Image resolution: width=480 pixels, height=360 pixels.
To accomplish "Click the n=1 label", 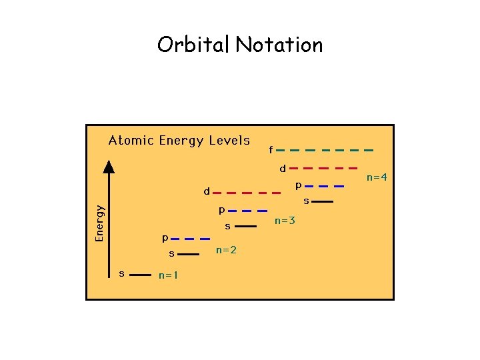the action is coord(168,275).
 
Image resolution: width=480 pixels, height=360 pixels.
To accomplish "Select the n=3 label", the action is coord(285,220).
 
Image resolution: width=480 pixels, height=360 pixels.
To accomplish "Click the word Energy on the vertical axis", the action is coord(100,223).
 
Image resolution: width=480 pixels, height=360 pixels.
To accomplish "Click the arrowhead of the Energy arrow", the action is coord(109,166).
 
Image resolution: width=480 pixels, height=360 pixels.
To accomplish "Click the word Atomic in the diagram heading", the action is coord(131,140).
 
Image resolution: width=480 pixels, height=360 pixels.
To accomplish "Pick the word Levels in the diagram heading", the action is coord(229,140).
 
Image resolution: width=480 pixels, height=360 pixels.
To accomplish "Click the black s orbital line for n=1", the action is coord(139,274).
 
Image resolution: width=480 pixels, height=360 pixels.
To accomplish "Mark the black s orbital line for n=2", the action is coord(189,254).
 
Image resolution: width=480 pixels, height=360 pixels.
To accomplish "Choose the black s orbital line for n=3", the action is coord(245,227).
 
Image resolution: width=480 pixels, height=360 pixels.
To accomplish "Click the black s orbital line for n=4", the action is coord(322,201).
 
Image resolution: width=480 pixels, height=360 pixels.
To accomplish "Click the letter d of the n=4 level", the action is coord(283,168).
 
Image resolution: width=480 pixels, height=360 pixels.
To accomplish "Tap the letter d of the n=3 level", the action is coord(207,191).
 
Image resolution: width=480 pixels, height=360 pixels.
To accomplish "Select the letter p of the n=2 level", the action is coord(165,237).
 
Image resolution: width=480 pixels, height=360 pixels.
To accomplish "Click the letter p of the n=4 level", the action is coord(299,185).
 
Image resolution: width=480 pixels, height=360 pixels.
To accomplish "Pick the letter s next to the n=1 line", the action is coord(121,273).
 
